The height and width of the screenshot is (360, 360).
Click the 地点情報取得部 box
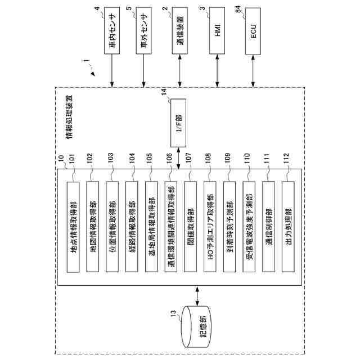[73, 227]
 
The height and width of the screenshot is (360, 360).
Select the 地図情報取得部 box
[93, 227]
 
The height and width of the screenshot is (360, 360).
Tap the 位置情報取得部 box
[112, 227]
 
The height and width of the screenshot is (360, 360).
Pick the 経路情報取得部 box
[132, 227]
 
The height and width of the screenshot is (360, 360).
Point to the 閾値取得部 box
[190, 227]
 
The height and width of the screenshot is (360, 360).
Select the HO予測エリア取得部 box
[209, 227]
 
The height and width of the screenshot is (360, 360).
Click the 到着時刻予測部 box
[229, 227]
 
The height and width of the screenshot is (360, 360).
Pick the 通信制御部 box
[268, 227]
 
